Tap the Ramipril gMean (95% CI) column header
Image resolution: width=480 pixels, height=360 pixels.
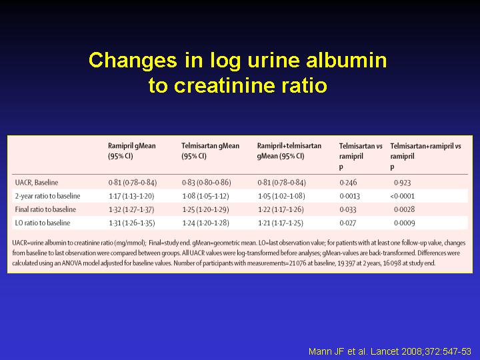pyautogui.click(x=132, y=151)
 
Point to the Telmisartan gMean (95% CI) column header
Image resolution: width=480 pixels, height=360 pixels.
pyautogui.click(x=210, y=151)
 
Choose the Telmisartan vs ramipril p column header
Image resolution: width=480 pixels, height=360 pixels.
pyautogui.click(x=361, y=156)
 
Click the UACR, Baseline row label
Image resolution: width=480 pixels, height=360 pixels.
pyautogui.click(x=37, y=183)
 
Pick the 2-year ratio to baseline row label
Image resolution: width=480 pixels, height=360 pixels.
pyautogui.click(x=47, y=196)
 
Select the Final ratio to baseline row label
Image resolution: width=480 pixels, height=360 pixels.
pyautogui.click(x=45, y=209)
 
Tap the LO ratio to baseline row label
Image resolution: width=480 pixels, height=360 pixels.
pyautogui.click(x=43, y=223)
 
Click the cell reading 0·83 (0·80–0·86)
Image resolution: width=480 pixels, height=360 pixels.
pyautogui.click(x=206, y=183)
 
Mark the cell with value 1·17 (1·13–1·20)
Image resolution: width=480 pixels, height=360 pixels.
pyautogui.click(x=131, y=196)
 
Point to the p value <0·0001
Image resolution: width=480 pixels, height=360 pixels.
pyautogui.click(x=402, y=196)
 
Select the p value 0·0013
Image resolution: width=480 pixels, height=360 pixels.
pyautogui.click(x=349, y=196)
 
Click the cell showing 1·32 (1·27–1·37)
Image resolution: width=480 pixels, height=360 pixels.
pyautogui.click(x=131, y=209)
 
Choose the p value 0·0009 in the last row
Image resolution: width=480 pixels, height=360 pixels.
pyautogui.click(x=405, y=223)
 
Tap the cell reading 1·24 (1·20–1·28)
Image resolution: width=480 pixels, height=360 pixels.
pyautogui.click(x=205, y=223)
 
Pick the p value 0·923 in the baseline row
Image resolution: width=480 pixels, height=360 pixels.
pyautogui.click(x=402, y=183)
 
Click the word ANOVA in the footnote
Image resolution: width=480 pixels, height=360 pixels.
pyautogui.click(x=71, y=263)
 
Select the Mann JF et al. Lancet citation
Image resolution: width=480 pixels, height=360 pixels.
pyautogui.click(x=390, y=351)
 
